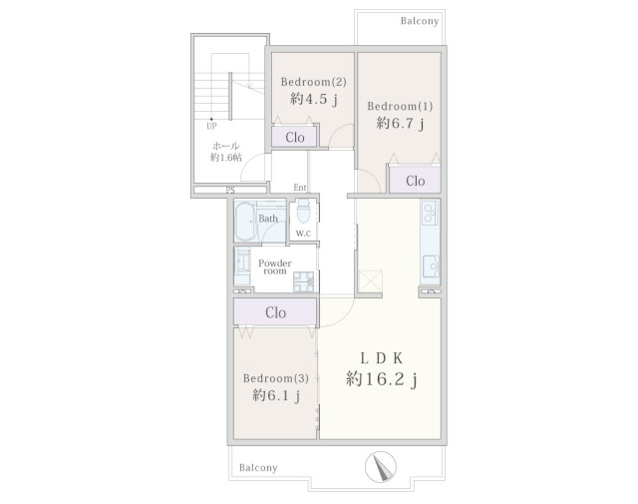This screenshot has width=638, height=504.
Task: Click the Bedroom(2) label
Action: coord(313,82)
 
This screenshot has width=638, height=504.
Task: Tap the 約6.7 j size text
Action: coord(401,123)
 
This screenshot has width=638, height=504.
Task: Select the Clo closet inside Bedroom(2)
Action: coord(294,138)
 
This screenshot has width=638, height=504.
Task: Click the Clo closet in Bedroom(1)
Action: coord(415,180)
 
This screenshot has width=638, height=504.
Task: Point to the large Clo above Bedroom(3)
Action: coord(275,312)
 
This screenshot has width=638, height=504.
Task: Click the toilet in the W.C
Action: coord(303,211)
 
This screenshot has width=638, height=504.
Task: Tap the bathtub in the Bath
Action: coord(245,222)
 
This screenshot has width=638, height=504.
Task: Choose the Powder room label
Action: coord(275,266)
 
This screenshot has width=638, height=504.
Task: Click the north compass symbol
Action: coord(381,466)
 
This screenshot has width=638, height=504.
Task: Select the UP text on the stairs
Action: coord(211,126)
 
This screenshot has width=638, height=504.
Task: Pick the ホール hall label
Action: coord(226,146)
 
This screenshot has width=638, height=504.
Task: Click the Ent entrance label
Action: coord(300,188)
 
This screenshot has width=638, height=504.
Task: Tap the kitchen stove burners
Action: coord(430,213)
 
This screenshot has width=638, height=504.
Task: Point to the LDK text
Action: coord(382,358)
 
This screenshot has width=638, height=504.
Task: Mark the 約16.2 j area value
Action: coord(381,379)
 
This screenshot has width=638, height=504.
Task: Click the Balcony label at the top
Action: coord(420,21)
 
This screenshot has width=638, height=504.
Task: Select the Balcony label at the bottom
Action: coord(258,467)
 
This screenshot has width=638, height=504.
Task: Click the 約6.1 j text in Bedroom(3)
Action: coord(276,395)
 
